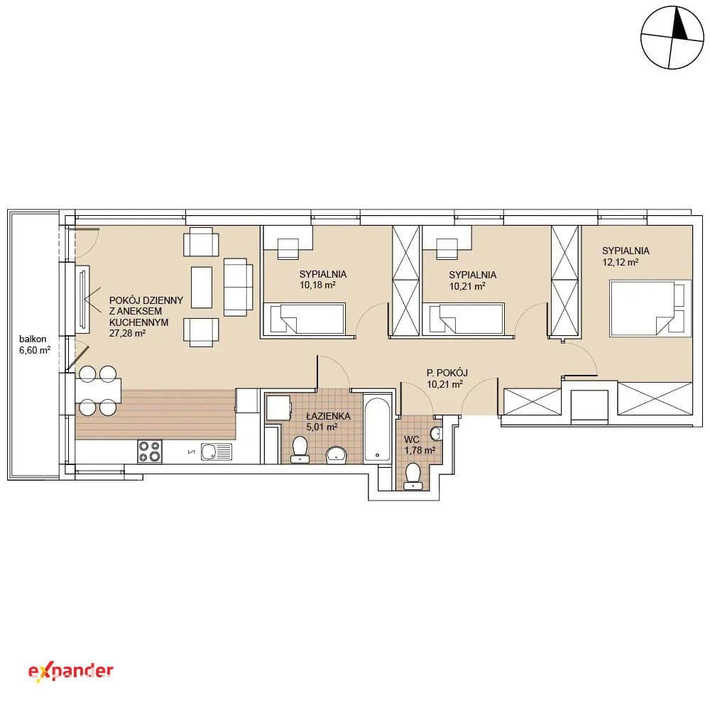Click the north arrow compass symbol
click(672, 38)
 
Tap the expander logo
click(70, 672)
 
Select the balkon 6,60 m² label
click(34, 344)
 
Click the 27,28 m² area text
click(127, 333)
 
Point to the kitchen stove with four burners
click(150, 452)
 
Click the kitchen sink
click(217, 452)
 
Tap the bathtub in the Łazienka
click(377, 428)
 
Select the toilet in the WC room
click(413, 476)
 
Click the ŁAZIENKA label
click(328, 415)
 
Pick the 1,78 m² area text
click(420, 450)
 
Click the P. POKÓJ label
click(447, 373)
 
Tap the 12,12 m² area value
click(621, 262)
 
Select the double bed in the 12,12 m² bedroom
click(650, 308)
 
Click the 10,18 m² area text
click(317, 285)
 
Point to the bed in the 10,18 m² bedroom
click(304, 319)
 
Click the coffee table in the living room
click(202, 287)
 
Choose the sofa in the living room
click(239, 287)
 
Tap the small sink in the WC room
click(436, 433)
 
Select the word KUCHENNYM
click(138, 322)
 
